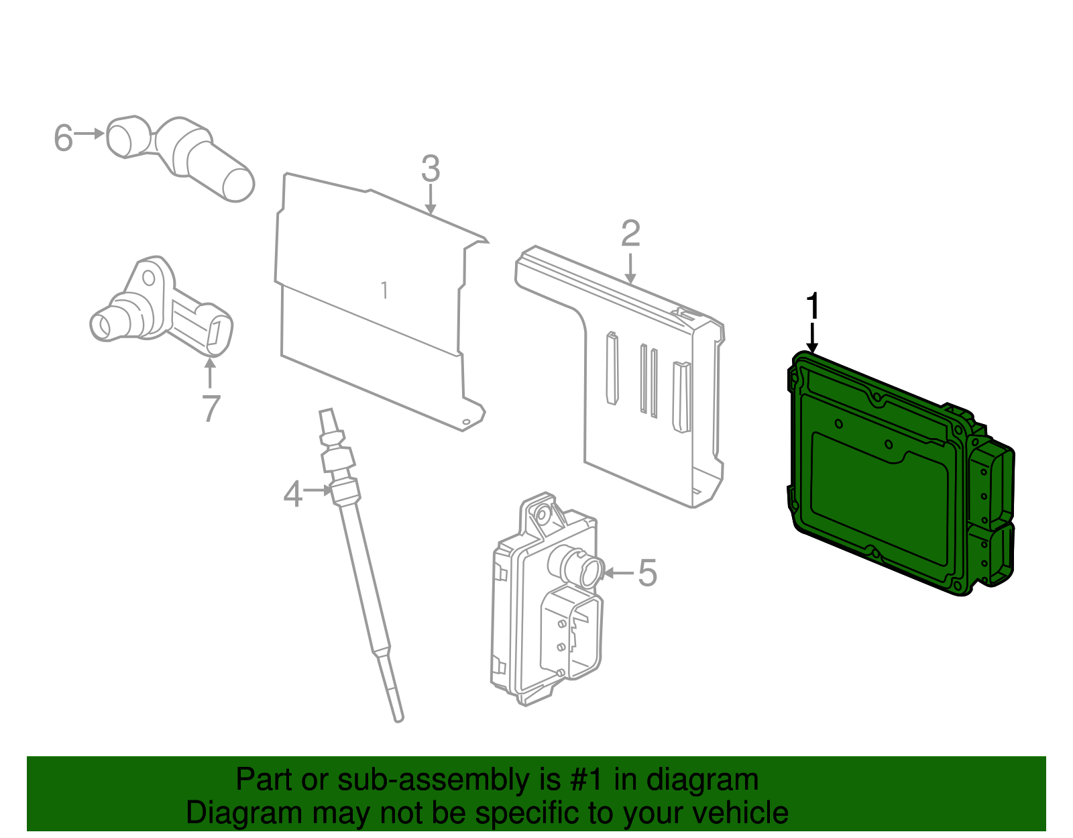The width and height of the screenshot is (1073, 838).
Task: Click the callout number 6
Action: pyautogui.click(x=63, y=138)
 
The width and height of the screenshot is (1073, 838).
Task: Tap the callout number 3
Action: pyautogui.click(x=431, y=168)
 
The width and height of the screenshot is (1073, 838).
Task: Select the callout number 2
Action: pyautogui.click(x=630, y=233)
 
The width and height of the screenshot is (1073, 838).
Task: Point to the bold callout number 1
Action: pyautogui.click(x=813, y=307)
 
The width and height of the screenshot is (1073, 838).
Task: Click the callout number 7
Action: pyautogui.click(x=211, y=408)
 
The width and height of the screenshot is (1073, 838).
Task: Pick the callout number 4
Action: pyautogui.click(x=293, y=495)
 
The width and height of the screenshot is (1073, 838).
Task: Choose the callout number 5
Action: pyautogui.click(x=647, y=573)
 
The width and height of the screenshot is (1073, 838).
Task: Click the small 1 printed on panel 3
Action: pyautogui.click(x=384, y=291)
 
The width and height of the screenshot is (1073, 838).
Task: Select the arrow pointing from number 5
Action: pyautogui.click(x=618, y=573)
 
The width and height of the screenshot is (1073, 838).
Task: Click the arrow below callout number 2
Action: pyautogui.click(x=630, y=268)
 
